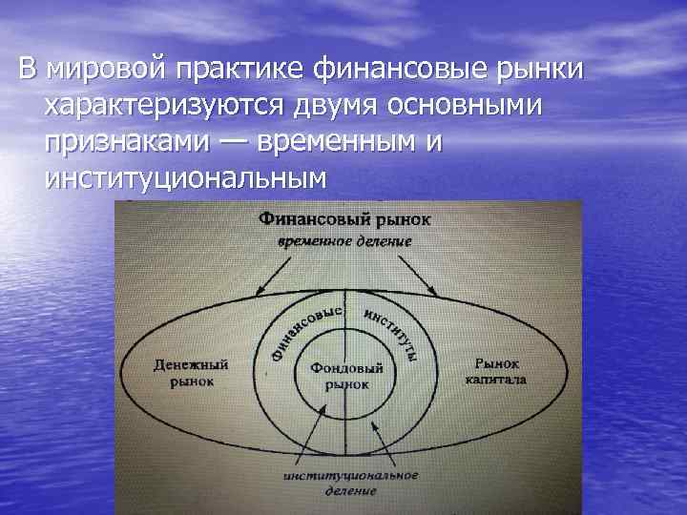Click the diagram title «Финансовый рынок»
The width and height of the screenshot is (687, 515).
pyautogui.click(x=344, y=219)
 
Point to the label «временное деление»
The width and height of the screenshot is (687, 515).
pyautogui.click(x=344, y=241)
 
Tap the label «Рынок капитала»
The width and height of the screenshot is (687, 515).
pyautogui.click(x=496, y=371)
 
